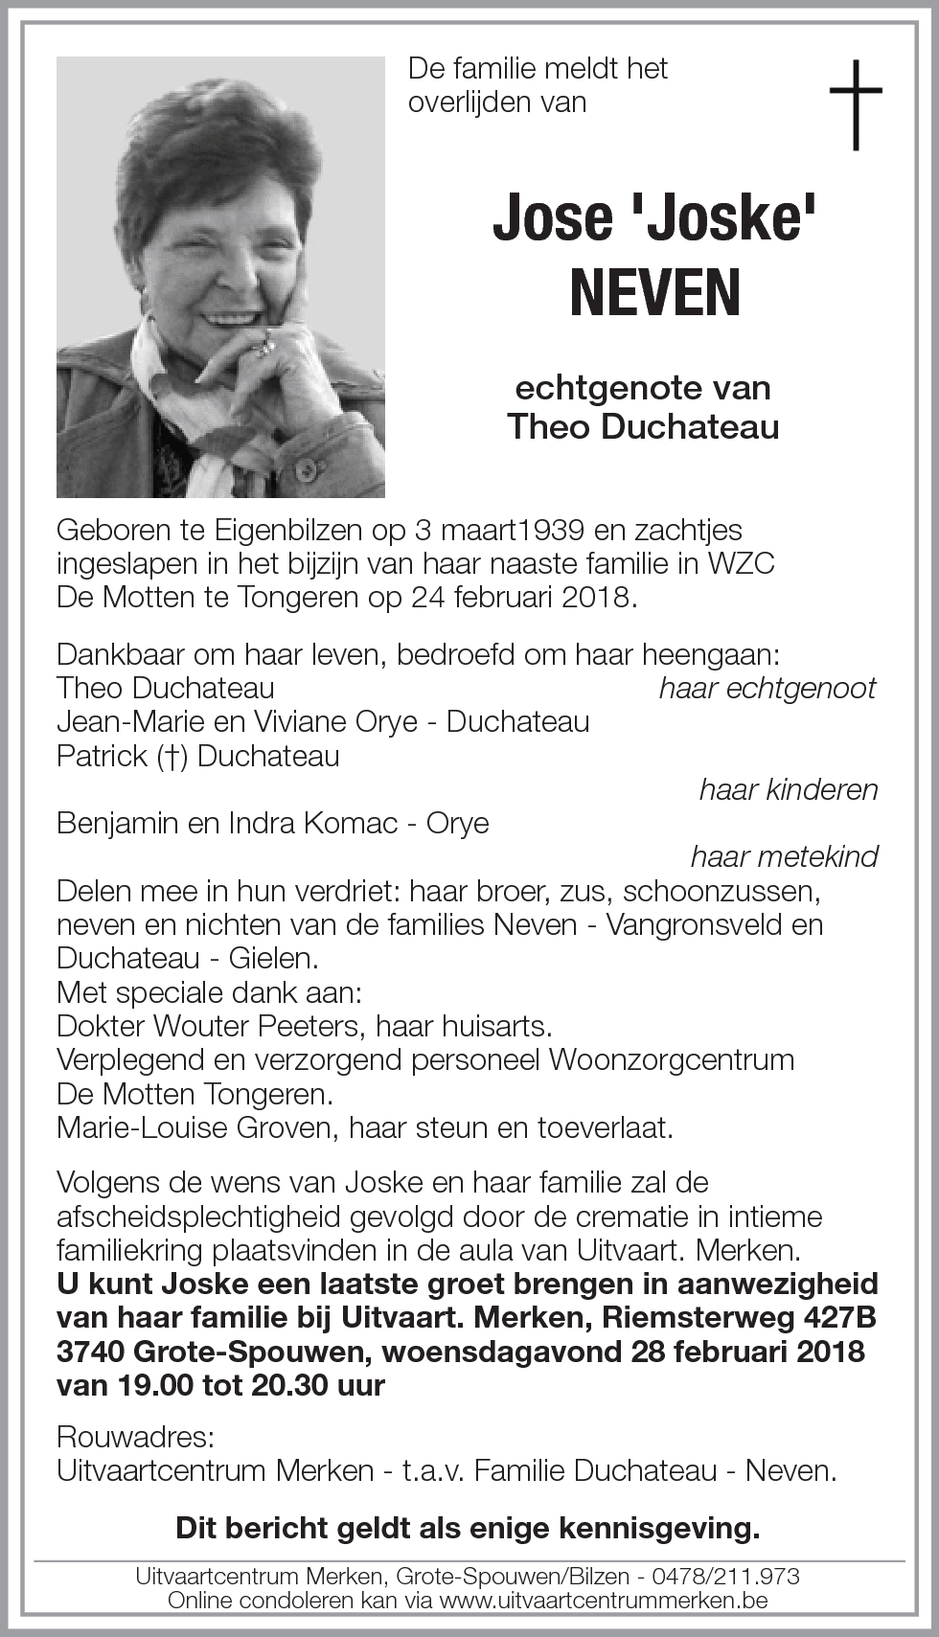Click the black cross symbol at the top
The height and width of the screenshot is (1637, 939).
(x=855, y=104)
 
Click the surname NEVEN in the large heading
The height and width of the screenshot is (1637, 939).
(x=655, y=293)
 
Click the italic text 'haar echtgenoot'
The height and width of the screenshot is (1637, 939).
(x=767, y=688)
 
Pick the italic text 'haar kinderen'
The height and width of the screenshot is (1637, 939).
(x=788, y=789)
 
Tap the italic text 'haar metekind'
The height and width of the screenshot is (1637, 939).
(x=784, y=856)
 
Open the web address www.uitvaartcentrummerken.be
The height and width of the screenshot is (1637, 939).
(x=604, y=1600)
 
